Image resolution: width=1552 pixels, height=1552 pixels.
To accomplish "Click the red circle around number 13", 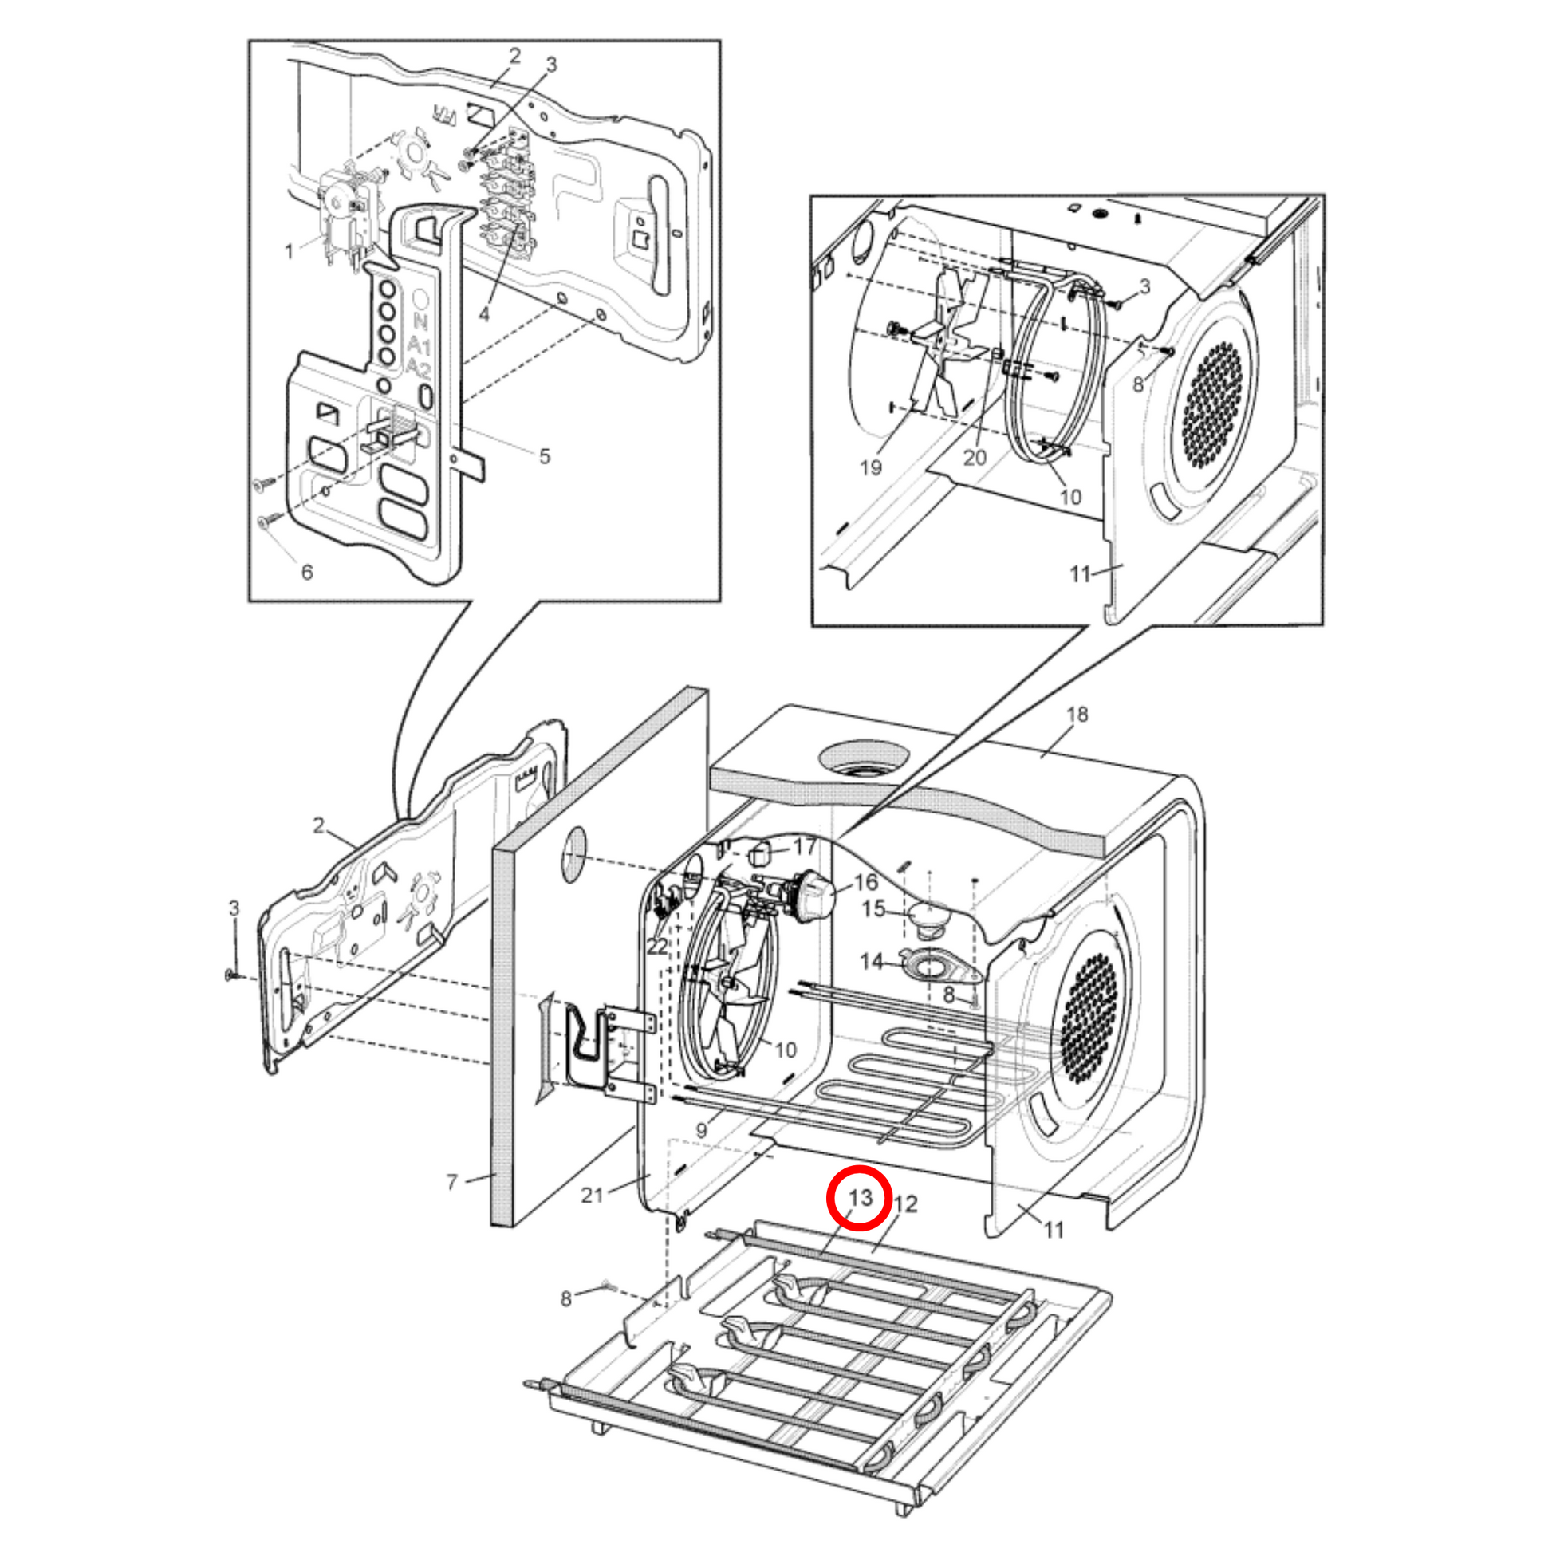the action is (x=860, y=1199).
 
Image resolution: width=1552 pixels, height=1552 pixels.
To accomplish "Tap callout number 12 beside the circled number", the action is (x=905, y=1204).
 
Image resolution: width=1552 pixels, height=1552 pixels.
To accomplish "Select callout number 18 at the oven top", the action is (x=1077, y=714).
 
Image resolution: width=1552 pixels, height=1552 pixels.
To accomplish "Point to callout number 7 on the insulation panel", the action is (x=452, y=1182).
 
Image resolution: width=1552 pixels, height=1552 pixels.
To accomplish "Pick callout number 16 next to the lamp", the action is (x=865, y=882).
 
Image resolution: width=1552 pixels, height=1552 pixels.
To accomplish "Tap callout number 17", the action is (x=805, y=846).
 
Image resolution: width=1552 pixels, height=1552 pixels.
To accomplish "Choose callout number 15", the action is (x=874, y=908).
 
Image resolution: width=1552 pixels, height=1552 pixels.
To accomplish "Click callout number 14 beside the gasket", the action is (x=872, y=961).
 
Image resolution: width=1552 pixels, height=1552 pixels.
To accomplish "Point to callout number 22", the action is (x=657, y=947).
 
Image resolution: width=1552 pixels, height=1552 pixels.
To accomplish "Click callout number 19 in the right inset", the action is (x=871, y=467).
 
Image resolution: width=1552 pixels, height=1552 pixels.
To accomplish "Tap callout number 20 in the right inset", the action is (x=975, y=458).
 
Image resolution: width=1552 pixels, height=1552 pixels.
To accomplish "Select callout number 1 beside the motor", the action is (x=290, y=251).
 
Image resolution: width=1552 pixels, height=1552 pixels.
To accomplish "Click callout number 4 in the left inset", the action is (x=483, y=314).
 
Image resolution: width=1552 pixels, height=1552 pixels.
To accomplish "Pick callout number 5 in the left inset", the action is (x=545, y=456).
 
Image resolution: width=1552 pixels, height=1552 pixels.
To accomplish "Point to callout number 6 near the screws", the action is (x=307, y=572).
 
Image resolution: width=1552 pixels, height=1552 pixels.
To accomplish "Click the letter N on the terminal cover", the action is (x=420, y=322).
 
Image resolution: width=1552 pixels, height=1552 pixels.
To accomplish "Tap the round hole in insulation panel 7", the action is (x=573, y=855).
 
